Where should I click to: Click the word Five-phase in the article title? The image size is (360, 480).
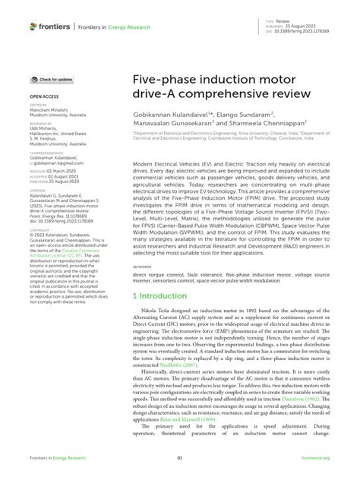163,78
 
